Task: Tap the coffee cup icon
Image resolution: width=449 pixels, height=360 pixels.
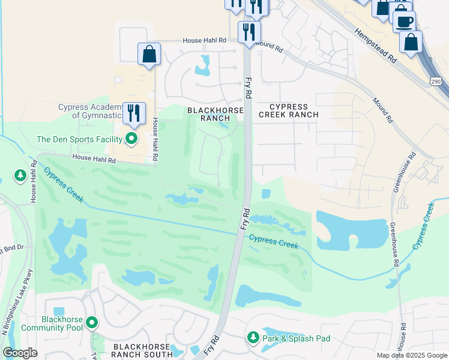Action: (x=404, y=21)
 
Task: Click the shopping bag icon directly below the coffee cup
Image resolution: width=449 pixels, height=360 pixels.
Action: (x=411, y=42)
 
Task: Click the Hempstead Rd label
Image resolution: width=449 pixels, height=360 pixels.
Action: (x=375, y=45)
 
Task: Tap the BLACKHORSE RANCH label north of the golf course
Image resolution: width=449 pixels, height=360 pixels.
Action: (x=215, y=114)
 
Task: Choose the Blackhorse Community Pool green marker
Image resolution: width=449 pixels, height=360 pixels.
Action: (x=92, y=323)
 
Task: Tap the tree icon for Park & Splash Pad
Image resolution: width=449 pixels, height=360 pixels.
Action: (x=253, y=338)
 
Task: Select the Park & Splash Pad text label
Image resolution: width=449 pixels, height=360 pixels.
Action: (x=297, y=338)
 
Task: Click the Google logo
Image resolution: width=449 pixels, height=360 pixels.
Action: (x=20, y=353)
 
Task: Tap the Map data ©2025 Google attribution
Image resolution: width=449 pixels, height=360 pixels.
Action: (x=411, y=355)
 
